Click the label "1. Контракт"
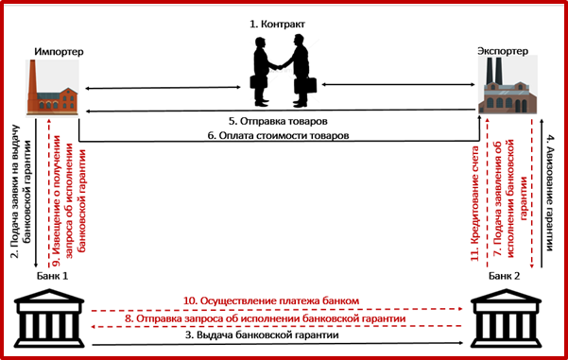(x=278, y=25)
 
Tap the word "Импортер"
(x=59, y=52)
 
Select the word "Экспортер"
(x=503, y=51)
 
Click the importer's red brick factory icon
(x=52, y=88)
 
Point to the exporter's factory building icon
(x=508, y=85)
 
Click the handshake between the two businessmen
(x=279, y=67)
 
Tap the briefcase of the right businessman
(x=305, y=85)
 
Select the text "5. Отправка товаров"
(x=278, y=121)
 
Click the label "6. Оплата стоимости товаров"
(x=278, y=135)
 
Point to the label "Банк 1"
(x=52, y=276)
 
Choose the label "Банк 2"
(x=504, y=276)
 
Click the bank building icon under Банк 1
(x=49, y=318)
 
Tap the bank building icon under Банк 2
(x=506, y=318)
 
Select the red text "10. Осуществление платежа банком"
(x=271, y=301)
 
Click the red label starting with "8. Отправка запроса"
(x=266, y=318)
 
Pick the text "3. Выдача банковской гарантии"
(x=262, y=335)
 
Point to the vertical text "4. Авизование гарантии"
(x=549, y=193)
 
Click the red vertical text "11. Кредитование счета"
(x=474, y=203)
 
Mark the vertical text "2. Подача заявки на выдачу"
(x=15, y=191)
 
